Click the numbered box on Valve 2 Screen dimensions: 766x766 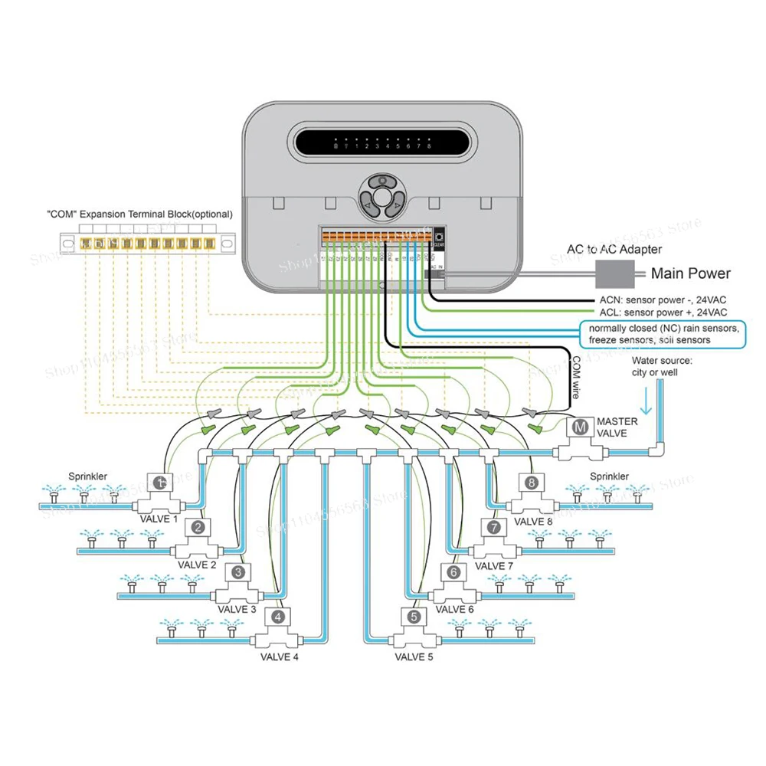pyautogui.click(x=198, y=527)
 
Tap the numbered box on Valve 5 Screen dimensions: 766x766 pyautogui.click(x=414, y=616)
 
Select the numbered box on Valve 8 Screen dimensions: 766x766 pyautogui.click(x=532, y=483)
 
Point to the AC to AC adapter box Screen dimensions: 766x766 pyautogui.click(x=616, y=272)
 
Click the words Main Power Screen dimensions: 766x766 pyautogui.click(x=690, y=273)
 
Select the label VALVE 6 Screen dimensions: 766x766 pyautogui.click(x=454, y=610)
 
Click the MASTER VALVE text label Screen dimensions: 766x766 pyautogui.click(x=617, y=427)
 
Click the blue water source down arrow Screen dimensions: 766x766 pyautogui.click(x=645, y=400)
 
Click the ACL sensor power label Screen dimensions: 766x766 pyautogui.click(x=661, y=313)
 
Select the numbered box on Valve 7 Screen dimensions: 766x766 pyautogui.click(x=495, y=527)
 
